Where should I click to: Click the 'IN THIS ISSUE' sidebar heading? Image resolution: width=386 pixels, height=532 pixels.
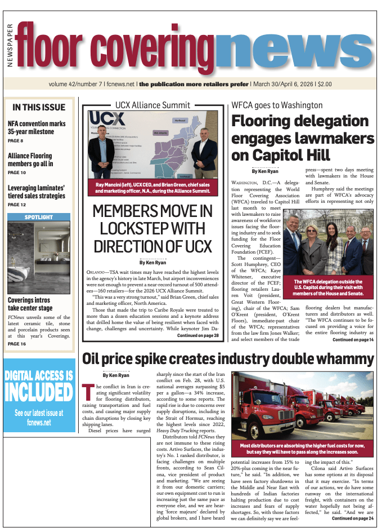tap(39, 107)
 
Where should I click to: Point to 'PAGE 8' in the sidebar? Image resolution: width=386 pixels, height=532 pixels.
tap(15, 140)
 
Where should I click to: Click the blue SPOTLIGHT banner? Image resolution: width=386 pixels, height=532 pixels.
tap(39, 217)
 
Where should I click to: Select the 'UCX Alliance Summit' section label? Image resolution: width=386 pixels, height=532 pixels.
tap(152, 105)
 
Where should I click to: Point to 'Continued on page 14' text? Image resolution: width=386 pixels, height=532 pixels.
tap(353, 340)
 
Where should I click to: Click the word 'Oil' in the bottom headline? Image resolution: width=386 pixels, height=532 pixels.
tap(93, 358)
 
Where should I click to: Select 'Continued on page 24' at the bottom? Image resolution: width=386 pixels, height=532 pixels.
tap(353, 518)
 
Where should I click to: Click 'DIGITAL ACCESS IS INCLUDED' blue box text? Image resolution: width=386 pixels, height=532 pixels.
tap(39, 384)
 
